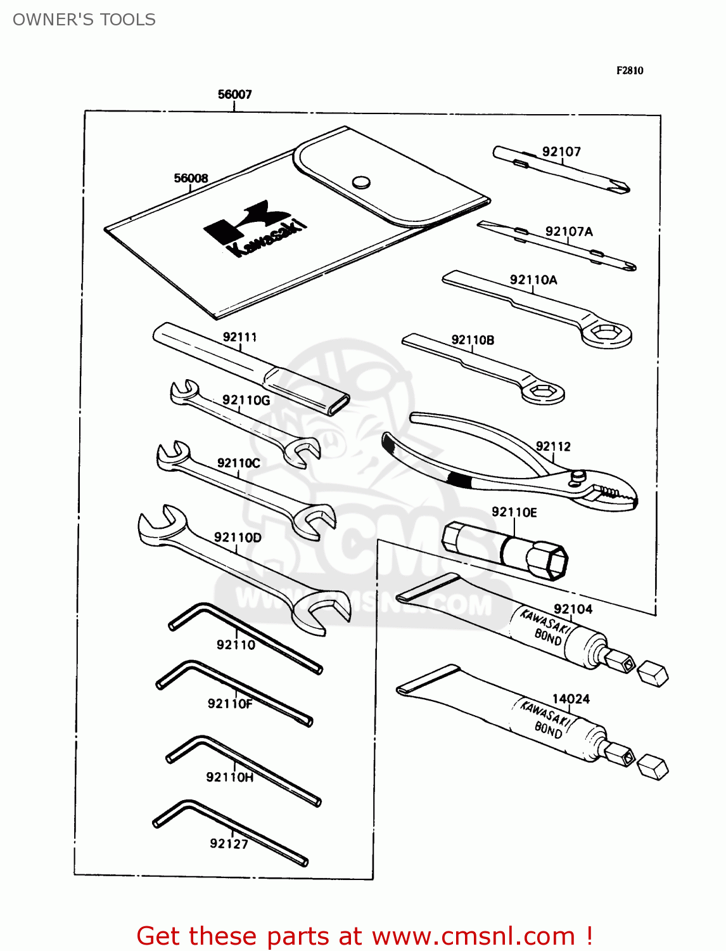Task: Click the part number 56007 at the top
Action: point(234,94)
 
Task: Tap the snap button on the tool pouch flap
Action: point(361,183)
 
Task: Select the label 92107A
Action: point(569,231)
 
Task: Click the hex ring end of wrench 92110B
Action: point(542,392)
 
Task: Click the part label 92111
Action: point(239,337)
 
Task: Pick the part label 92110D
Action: point(238,537)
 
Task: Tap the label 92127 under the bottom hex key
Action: point(229,843)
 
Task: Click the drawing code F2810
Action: point(630,70)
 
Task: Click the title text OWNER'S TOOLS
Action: point(84,20)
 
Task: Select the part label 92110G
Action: point(246,400)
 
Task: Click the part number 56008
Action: point(191,178)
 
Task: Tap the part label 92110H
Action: point(229,777)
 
